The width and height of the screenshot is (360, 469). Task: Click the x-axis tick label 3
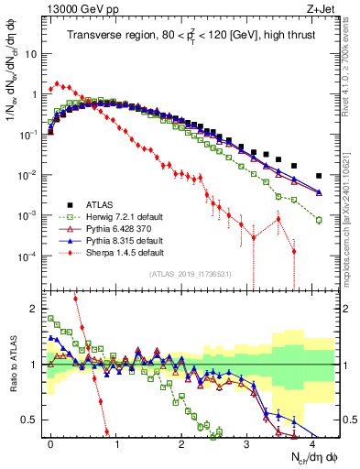tap(246, 443)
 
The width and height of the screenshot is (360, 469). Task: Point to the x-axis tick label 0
tap(50, 443)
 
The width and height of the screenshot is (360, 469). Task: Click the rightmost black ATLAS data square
tap(319, 176)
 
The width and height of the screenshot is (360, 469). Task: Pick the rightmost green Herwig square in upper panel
tap(319, 220)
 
